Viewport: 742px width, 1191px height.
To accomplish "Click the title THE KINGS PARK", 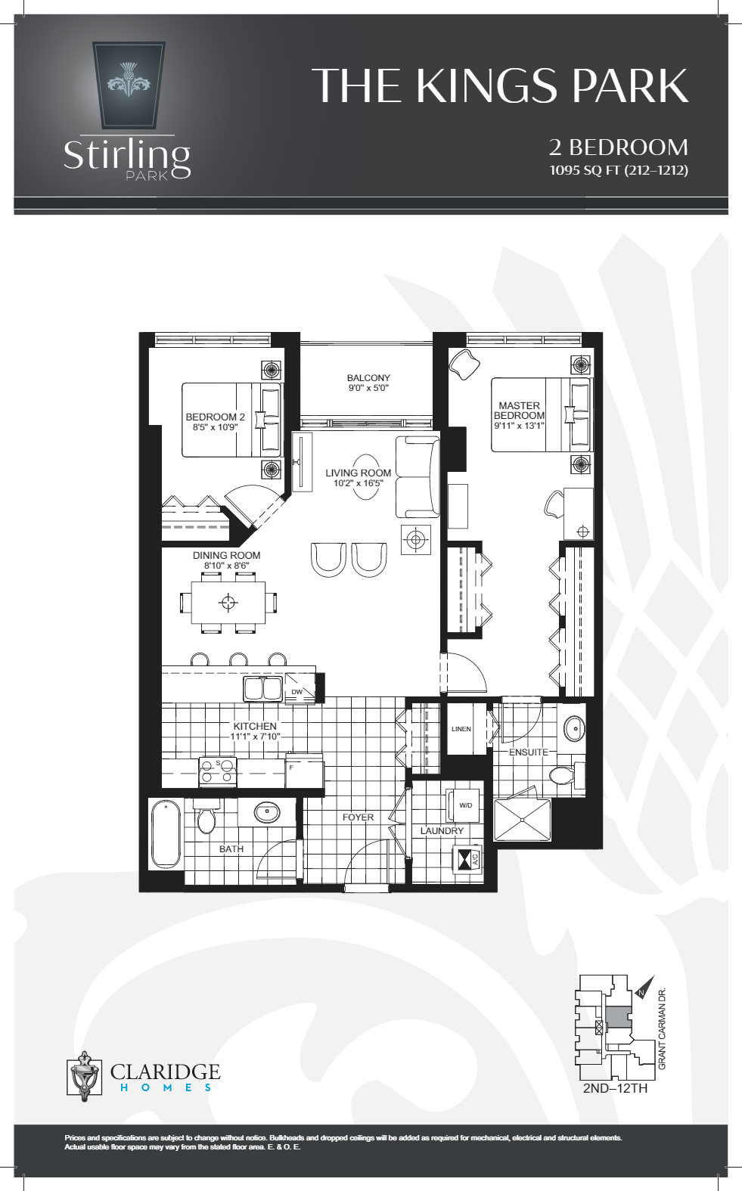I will click(500, 85).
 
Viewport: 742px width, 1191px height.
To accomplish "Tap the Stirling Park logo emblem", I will click(129, 85).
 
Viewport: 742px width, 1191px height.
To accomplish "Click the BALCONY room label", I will click(368, 378).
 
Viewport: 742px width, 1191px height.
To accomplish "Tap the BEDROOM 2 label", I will click(216, 417).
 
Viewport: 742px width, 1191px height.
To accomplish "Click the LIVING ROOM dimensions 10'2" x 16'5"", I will click(359, 483).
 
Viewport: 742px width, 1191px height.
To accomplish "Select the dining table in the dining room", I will click(228, 603).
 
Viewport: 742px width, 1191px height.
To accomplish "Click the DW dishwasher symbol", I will click(298, 691).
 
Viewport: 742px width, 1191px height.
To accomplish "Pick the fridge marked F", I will click(304, 774).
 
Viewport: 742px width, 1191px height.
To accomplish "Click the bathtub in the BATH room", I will click(166, 835).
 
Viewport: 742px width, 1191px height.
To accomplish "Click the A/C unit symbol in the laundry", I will click(467, 859).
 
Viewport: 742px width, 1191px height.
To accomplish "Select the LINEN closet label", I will click(461, 729).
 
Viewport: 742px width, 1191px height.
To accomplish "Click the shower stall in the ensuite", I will click(522, 820).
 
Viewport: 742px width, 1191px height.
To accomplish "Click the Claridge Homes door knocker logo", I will click(84, 1075).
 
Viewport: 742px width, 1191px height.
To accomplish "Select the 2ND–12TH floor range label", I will click(615, 1088).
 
